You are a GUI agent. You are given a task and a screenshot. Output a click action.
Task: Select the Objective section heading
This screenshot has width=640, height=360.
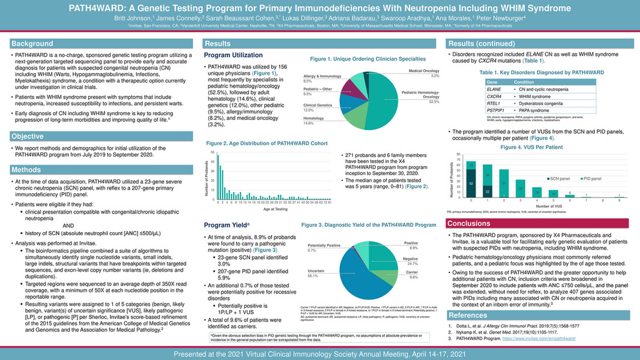[x=28, y=136]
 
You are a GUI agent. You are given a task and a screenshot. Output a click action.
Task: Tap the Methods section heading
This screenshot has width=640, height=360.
[x=26, y=170]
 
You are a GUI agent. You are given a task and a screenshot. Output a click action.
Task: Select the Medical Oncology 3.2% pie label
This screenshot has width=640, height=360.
[x=424, y=73]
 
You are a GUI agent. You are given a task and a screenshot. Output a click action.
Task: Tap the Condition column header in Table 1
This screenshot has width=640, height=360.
[x=524, y=82]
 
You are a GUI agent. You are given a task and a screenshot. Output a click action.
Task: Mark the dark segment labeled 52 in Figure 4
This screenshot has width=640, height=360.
[x=471, y=182]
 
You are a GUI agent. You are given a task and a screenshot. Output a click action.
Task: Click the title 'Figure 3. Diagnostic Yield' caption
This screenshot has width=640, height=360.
[x=369, y=224]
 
